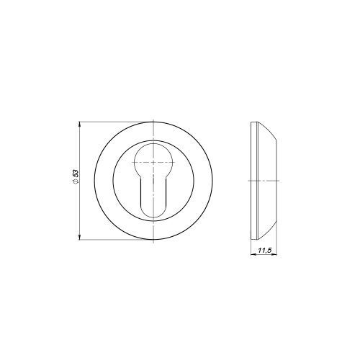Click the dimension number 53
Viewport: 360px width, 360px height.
(76, 174)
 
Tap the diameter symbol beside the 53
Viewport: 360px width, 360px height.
(76, 181)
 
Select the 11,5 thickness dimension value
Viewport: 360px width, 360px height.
(264, 251)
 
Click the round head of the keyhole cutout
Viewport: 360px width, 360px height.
(153, 158)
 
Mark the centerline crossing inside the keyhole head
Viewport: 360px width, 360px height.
(153, 163)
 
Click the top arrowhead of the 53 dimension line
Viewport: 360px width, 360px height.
(79, 125)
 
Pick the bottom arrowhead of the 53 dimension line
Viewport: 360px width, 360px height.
(79, 237)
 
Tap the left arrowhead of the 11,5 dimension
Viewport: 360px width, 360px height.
(253, 254)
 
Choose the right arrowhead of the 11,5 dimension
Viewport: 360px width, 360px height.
(274, 254)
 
